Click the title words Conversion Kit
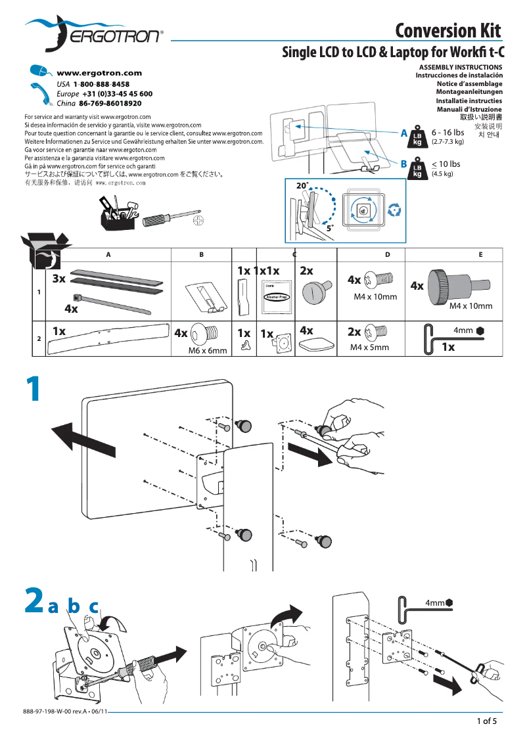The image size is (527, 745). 448,31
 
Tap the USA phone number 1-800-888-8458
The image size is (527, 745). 101,85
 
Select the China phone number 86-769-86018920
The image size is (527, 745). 110,103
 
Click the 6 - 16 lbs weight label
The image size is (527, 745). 447,133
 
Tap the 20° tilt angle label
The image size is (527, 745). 302,187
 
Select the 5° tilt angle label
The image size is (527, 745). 330,228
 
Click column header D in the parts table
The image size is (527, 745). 387,254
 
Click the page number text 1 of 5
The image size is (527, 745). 486,721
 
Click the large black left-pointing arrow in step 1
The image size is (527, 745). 73,434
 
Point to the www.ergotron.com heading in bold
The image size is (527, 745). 99,74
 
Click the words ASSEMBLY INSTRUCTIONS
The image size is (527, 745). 460,67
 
